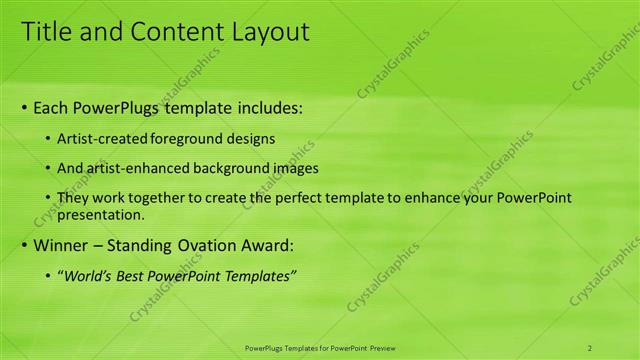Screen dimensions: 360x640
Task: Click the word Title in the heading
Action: (47, 32)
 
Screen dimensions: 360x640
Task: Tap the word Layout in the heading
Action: (266, 32)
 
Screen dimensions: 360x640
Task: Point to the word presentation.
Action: (102, 214)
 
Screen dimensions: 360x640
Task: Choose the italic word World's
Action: (88, 276)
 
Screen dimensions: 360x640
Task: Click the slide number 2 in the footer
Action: (590, 347)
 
